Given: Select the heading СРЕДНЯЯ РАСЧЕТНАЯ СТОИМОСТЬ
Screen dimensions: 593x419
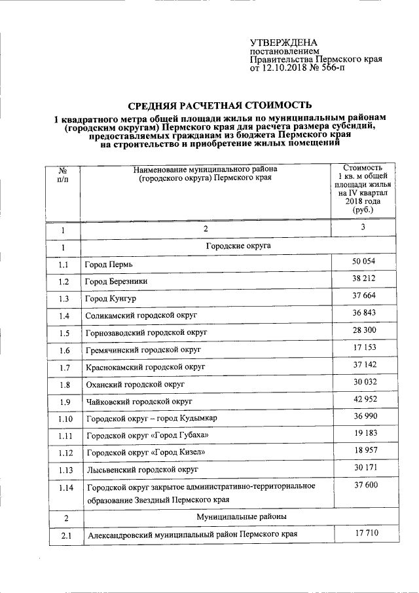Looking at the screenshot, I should click(x=219, y=105).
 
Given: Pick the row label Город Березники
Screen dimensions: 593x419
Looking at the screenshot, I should click(x=116, y=281).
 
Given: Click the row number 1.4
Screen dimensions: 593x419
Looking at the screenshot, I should click(x=63, y=316).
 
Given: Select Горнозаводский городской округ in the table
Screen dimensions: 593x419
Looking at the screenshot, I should click(x=147, y=333).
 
